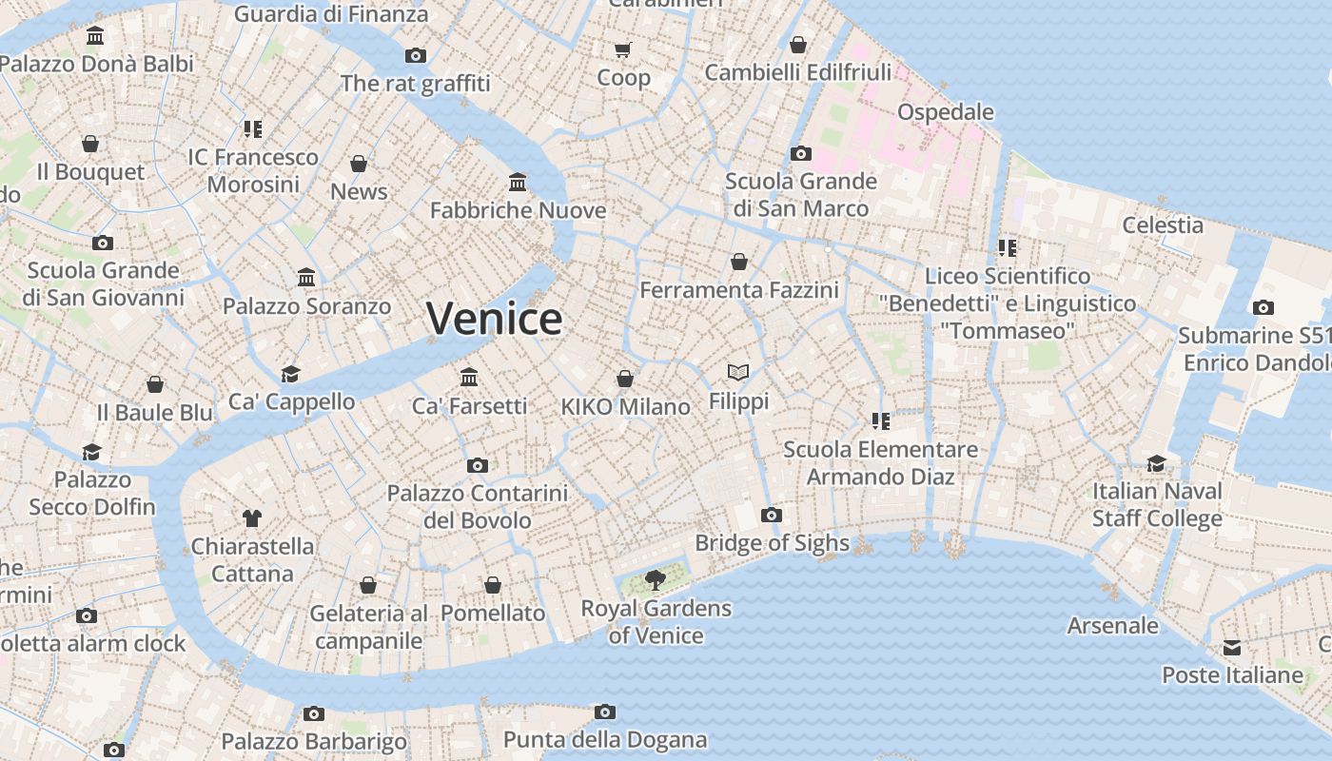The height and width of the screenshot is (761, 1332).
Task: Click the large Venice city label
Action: pyautogui.click(x=494, y=319)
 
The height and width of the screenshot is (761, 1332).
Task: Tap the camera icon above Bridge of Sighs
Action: pyautogui.click(x=772, y=516)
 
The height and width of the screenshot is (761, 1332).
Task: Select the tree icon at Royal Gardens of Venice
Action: pyautogui.click(x=655, y=579)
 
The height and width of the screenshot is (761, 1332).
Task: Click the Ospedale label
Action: pyautogui.click(x=945, y=112)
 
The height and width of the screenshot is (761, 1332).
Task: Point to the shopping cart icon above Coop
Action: pyautogui.click(x=623, y=49)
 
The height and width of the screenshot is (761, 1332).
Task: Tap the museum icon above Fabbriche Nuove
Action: pyautogui.click(x=518, y=182)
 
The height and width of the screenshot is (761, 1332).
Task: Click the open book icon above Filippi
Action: pyautogui.click(x=738, y=372)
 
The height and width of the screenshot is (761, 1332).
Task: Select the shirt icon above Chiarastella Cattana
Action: pyautogui.click(x=252, y=518)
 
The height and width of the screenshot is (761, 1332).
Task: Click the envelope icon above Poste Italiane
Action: pyautogui.click(x=1232, y=648)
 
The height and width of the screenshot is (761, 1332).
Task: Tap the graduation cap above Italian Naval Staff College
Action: pyautogui.click(x=1156, y=463)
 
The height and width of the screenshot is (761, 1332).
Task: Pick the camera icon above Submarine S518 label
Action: pyautogui.click(x=1263, y=307)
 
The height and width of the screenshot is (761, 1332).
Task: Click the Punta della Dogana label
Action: pyautogui.click(x=604, y=739)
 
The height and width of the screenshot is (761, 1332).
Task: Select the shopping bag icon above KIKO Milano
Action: pyautogui.click(x=625, y=379)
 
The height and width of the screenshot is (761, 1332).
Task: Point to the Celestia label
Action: pyautogui.click(x=1163, y=225)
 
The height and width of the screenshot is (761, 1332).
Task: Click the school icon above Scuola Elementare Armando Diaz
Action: pyautogui.click(x=880, y=420)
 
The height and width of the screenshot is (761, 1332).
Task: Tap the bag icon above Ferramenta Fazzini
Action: pyautogui.click(x=739, y=262)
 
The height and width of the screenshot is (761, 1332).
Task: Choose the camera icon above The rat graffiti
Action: pyautogui.click(x=416, y=55)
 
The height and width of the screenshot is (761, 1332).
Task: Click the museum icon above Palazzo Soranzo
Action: pyautogui.click(x=306, y=278)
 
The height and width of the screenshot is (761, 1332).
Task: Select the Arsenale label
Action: pyautogui.click(x=1112, y=626)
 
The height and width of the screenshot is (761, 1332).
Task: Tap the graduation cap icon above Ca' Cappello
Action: pyautogui.click(x=290, y=374)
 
